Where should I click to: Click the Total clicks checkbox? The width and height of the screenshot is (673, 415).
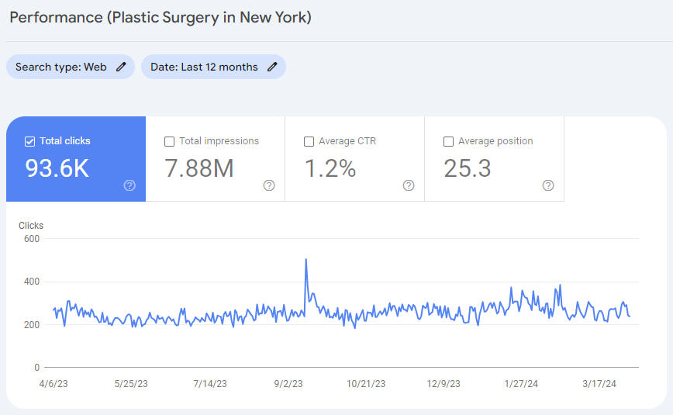30,141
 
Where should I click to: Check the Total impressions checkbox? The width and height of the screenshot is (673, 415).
170,141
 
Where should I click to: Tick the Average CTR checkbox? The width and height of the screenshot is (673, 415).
309,141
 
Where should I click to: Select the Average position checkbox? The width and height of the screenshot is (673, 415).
449,141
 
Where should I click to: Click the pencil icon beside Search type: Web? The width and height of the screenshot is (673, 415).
121,67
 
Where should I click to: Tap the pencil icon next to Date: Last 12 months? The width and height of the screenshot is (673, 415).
272,67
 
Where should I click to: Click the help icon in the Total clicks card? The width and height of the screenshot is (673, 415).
129,185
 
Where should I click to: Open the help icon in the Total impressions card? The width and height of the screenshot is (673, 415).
269,185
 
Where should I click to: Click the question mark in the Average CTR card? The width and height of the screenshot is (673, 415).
409,185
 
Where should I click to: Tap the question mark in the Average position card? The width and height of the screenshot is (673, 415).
548,185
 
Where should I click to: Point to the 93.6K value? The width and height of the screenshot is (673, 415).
57,168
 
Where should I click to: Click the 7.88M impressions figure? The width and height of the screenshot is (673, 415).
199,168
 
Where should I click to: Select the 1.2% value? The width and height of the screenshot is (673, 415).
330,168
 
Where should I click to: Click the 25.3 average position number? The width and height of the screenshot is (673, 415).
468,168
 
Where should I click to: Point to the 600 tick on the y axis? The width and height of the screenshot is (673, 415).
31,239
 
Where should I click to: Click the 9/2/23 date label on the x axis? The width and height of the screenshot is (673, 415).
288,384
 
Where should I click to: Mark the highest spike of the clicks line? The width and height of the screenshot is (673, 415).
306,259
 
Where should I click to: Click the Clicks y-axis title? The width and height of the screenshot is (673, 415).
31,226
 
